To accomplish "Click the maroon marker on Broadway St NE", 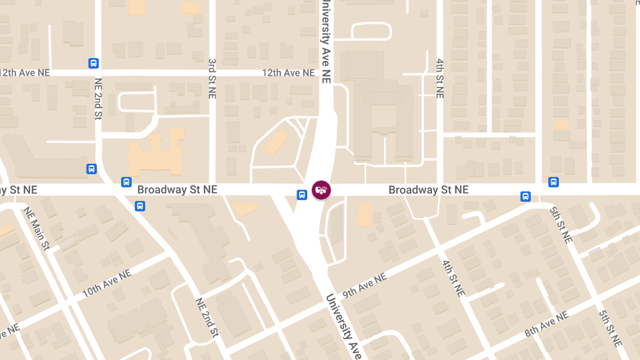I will [x=321, y=190].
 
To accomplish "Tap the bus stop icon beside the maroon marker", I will [x=302, y=195].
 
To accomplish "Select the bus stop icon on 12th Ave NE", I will [x=93, y=63].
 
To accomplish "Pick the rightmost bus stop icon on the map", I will [x=554, y=182].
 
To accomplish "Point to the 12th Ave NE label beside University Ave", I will [x=288, y=73].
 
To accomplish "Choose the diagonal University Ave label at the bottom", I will [x=343, y=325].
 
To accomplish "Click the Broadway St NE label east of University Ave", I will [x=428, y=190].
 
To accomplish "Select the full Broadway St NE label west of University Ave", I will [x=177, y=190].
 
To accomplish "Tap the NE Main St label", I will [x=37, y=228].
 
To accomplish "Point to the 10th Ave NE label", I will [x=106, y=283].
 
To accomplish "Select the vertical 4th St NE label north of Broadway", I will [x=439, y=78].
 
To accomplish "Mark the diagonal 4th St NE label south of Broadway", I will [x=453, y=278].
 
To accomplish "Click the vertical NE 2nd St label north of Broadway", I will [x=98, y=99].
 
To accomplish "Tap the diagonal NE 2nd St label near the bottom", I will [x=207, y=317].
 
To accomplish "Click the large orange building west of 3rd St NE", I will [x=157, y=155].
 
